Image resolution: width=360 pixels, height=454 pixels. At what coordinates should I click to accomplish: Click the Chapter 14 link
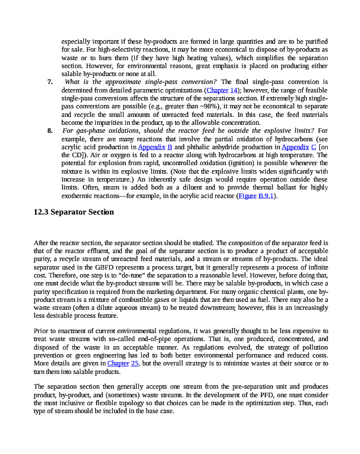(x=222, y=90)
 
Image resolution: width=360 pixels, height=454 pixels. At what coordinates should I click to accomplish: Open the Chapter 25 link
(x=123, y=364)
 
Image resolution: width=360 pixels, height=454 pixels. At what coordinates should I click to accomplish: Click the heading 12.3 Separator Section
(x=74, y=212)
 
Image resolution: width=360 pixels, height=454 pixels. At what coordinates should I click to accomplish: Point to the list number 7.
(x=50, y=82)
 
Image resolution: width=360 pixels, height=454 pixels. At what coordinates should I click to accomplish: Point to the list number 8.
(x=50, y=131)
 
